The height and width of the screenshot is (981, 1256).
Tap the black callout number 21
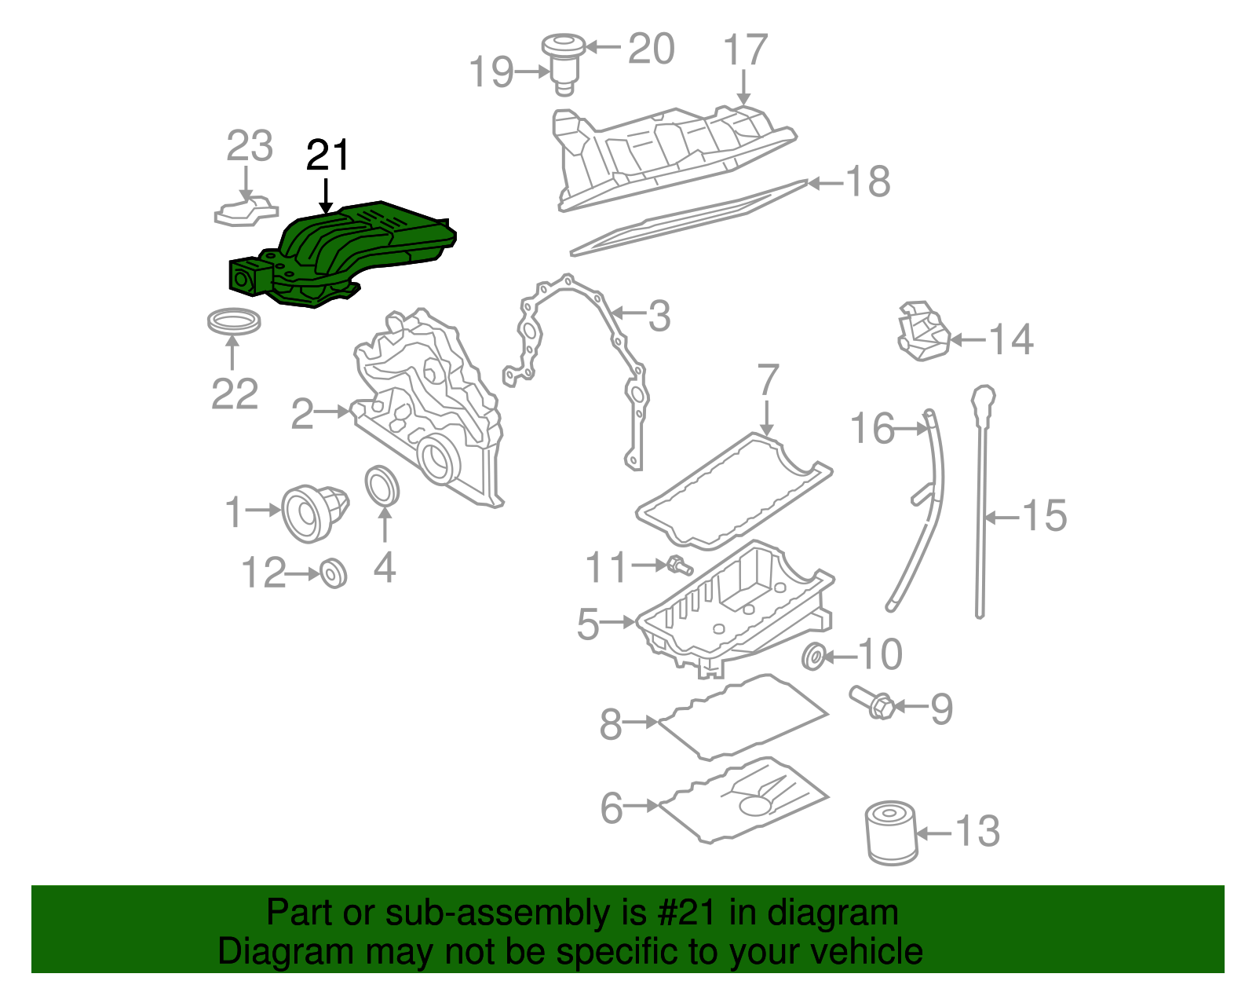point(327,156)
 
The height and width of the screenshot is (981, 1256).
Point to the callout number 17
point(744,50)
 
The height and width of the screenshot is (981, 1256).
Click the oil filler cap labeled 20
point(562,46)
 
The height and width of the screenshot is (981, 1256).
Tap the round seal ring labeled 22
point(234,322)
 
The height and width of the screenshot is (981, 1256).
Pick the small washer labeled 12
point(334,574)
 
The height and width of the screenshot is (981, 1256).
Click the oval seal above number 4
point(383,487)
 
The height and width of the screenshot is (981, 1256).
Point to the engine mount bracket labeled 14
point(922,331)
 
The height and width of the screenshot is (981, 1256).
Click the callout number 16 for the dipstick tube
point(872,429)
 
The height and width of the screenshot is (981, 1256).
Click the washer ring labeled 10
point(814,655)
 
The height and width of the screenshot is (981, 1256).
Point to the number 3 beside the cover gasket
point(659,316)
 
